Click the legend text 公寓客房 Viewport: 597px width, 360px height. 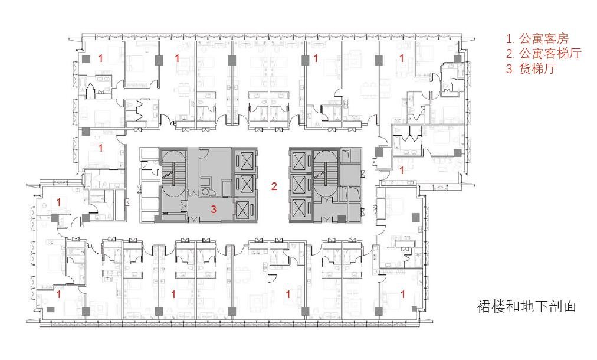click(543, 38)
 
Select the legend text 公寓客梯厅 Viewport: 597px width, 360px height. click(550, 53)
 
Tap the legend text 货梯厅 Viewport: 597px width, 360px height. click(537, 68)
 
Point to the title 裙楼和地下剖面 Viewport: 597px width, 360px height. click(526, 306)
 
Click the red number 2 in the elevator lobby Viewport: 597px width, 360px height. click(274, 186)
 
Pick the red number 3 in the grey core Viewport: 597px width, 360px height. click(214, 209)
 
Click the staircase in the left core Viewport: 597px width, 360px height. click(173, 174)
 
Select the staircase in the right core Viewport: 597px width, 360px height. click(326, 174)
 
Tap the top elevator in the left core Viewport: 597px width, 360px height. click(244, 161)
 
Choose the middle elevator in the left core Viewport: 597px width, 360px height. click(244, 185)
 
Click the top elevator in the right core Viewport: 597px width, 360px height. click(301, 161)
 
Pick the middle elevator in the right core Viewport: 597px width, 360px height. click(301, 185)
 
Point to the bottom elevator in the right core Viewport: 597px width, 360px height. click(301, 209)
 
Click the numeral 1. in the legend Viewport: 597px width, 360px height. click(510, 39)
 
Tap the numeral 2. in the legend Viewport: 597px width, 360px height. click(510, 54)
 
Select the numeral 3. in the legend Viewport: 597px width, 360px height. click(510, 69)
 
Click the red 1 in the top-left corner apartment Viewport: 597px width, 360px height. click(100, 58)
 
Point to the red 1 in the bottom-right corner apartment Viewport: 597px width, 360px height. click(403, 294)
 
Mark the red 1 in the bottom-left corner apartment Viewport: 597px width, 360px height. click(58, 294)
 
